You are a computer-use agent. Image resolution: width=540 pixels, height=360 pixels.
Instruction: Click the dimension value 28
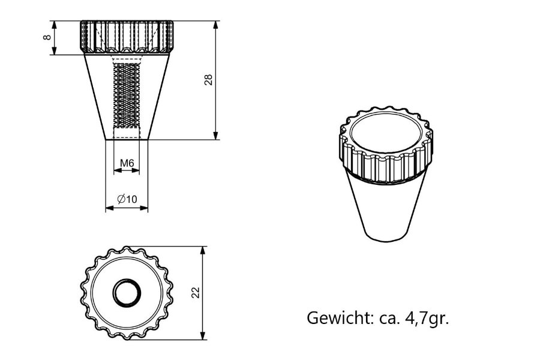[208, 80]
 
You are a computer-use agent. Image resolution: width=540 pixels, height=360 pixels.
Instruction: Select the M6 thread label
[127, 163]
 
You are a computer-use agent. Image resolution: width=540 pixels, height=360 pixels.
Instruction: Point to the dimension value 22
[194, 292]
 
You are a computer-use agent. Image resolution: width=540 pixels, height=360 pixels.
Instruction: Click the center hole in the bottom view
[127, 293]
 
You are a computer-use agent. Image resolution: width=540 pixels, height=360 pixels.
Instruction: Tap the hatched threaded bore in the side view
[127, 96]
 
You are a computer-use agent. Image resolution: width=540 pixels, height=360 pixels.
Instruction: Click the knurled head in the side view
[127, 37]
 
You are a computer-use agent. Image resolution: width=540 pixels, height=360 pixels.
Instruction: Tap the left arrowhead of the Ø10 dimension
[109, 208]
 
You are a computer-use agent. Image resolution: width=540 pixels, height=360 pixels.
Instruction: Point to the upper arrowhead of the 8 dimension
[55, 25]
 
